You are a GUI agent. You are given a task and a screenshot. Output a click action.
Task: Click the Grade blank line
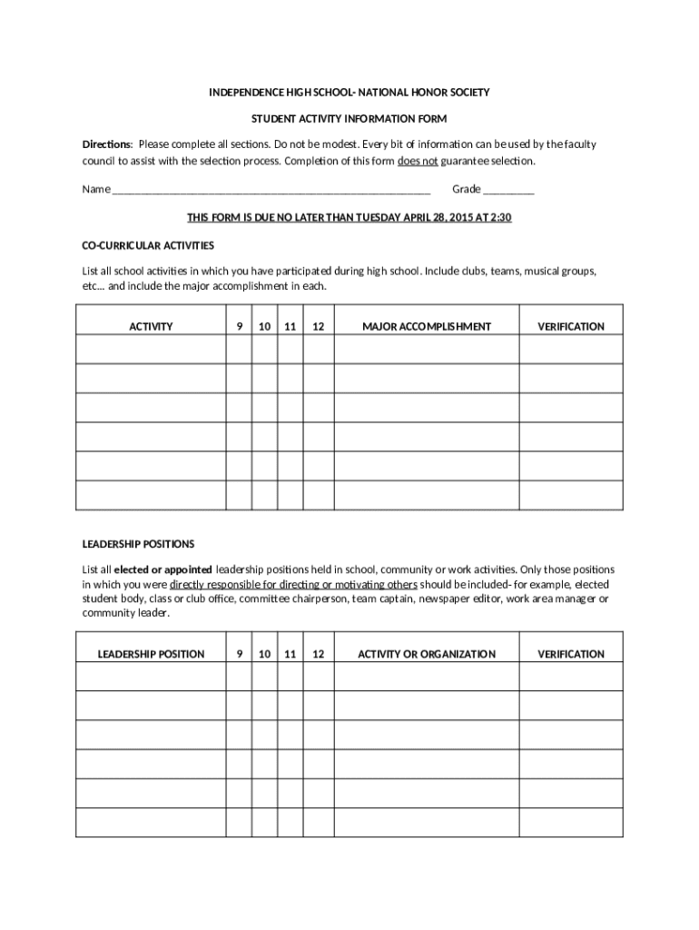[508, 191]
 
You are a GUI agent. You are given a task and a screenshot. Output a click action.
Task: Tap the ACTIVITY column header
[151, 326]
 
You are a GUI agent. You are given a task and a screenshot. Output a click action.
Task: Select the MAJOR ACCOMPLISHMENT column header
[427, 326]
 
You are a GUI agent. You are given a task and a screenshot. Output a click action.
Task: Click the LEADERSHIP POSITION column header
[151, 654]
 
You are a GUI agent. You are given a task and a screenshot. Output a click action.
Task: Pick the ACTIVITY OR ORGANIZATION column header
[427, 654]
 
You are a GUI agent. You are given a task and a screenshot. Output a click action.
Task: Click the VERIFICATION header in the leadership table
[571, 654]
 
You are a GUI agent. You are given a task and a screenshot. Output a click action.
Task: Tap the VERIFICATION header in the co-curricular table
[571, 326]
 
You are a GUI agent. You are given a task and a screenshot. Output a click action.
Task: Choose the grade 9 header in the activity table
[239, 326]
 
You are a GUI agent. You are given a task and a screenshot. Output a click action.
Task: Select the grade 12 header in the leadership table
[318, 654]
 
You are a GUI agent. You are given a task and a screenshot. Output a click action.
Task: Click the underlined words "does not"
[418, 161]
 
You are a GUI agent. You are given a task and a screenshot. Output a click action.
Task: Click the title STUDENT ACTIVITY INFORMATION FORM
[349, 119]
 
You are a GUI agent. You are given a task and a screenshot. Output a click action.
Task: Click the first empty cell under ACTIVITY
[151, 350]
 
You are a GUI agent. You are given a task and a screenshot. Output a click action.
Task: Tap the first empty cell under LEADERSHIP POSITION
[151, 677]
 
